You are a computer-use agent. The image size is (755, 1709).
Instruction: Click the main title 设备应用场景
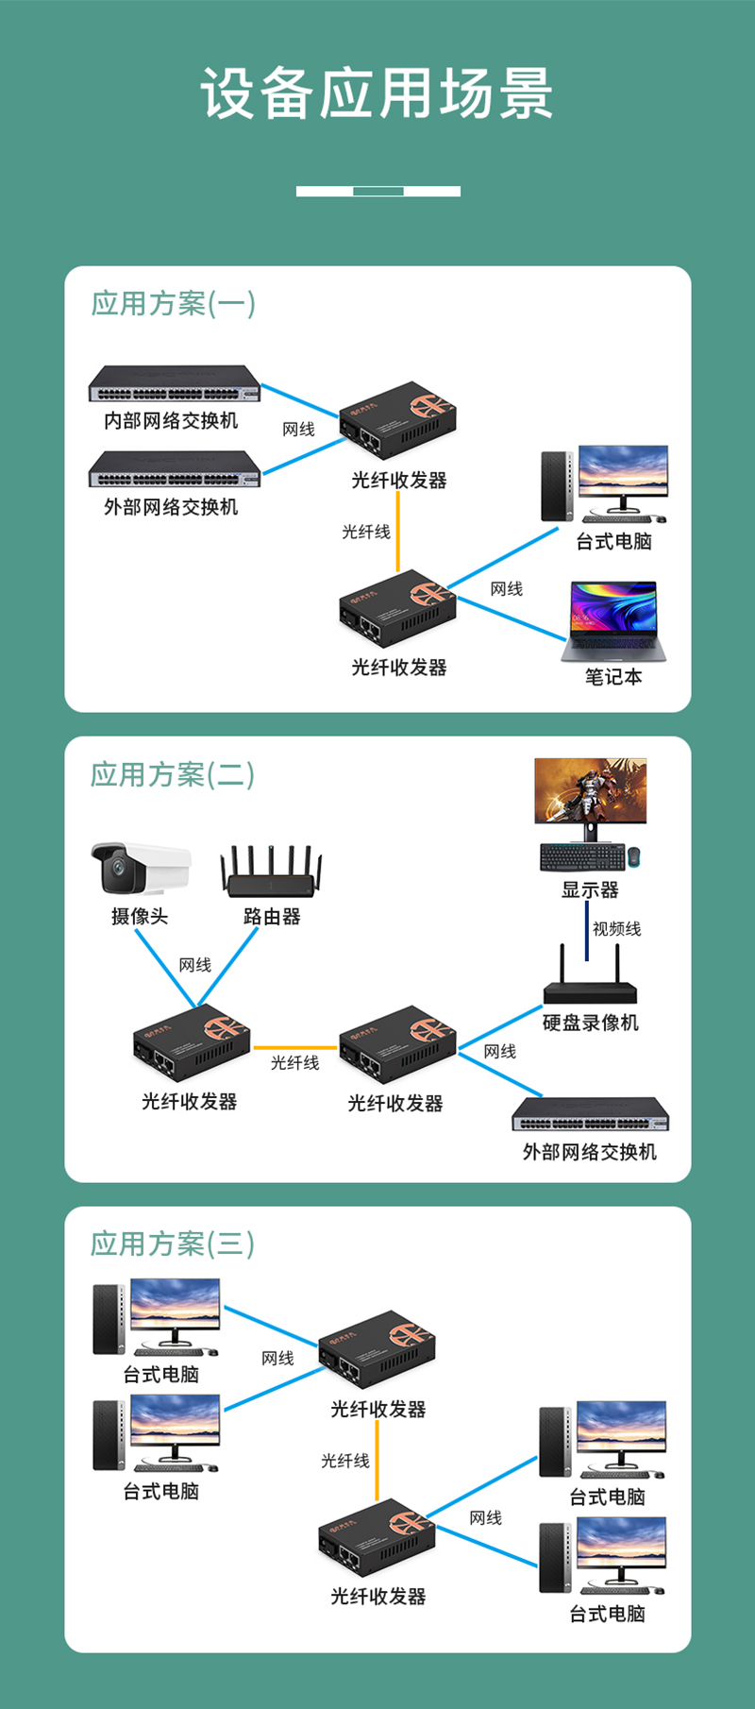(x=377, y=93)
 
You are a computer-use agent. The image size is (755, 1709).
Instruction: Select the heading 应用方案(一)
(x=173, y=304)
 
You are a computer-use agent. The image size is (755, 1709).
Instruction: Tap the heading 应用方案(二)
(x=173, y=774)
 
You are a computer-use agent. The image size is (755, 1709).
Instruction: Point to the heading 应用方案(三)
(x=173, y=1244)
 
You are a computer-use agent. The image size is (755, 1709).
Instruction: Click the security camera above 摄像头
(x=140, y=868)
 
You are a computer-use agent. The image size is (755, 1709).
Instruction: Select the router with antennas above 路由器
(x=272, y=871)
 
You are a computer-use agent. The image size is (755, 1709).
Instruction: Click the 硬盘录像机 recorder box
(x=590, y=987)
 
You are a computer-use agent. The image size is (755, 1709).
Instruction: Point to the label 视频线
(x=616, y=929)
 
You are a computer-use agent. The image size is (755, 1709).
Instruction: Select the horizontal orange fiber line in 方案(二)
(x=294, y=1048)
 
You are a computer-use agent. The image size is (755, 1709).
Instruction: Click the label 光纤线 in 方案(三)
(x=345, y=1461)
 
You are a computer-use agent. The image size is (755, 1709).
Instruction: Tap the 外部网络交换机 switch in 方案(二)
(x=590, y=1115)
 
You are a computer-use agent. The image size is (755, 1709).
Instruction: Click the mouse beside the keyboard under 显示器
(x=634, y=856)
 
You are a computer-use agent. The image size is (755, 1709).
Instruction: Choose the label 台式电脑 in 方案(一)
(x=613, y=541)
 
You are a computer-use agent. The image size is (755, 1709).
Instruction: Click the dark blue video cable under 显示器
(x=588, y=930)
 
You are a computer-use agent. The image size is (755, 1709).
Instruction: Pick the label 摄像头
(x=140, y=916)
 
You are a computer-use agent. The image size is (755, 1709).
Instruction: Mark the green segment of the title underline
(x=378, y=191)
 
